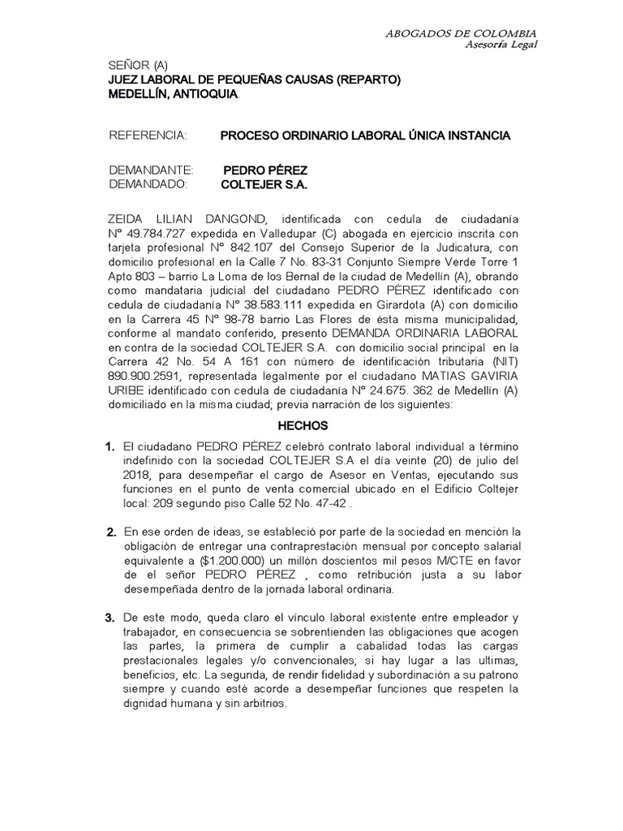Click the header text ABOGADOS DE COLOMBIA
(460, 32)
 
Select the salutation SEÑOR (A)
(138, 66)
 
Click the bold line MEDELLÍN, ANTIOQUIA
(173, 94)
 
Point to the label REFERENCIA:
(148, 135)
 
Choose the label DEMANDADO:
(148, 184)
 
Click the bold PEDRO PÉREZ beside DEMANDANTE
(265, 170)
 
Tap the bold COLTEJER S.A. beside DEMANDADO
(264, 184)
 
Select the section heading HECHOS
(303, 425)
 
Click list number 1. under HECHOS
(111, 447)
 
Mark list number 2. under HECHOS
(111, 532)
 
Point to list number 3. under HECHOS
(111, 618)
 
